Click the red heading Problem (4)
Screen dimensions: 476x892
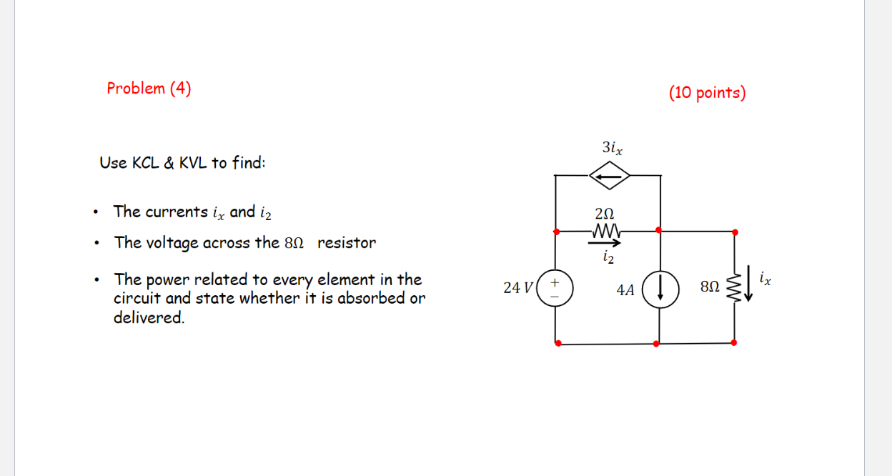point(149,89)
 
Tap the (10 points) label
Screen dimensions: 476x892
point(707,93)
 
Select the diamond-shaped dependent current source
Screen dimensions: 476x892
point(608,175)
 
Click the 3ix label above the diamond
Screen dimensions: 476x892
point(612,148)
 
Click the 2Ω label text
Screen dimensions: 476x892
point(604,214)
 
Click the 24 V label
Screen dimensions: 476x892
point(517,288)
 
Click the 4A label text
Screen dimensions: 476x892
point(625,290)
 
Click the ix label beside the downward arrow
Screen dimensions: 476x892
point(765,277)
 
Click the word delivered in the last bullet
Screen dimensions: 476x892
point(149,318)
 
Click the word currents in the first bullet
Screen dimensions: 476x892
point(176,212)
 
